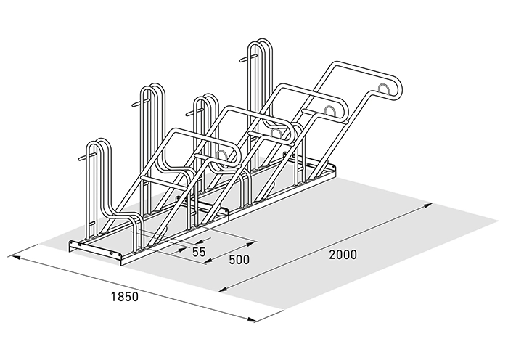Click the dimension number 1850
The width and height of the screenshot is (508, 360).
point(125,297)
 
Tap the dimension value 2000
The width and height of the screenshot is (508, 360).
point(343,255)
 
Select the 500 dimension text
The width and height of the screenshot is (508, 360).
point(239,260)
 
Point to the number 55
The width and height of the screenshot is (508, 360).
point(199,252)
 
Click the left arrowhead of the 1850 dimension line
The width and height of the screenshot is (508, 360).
point(16,258)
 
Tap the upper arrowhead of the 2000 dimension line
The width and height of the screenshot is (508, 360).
point(428,205)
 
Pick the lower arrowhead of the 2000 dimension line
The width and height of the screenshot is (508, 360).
point(224,290)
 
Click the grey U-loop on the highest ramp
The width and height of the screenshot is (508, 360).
point(385,89)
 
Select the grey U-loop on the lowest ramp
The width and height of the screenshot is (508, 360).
point(222,156)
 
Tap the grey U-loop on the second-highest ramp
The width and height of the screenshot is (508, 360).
point(330,111)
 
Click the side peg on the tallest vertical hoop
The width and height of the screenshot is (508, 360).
point(245,59)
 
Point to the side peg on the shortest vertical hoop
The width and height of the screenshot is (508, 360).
point(85,157)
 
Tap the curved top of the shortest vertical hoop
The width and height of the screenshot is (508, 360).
point(98,142)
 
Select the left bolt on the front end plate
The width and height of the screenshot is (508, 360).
point(79,244)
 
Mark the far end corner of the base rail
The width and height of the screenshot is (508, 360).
point(335,166)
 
